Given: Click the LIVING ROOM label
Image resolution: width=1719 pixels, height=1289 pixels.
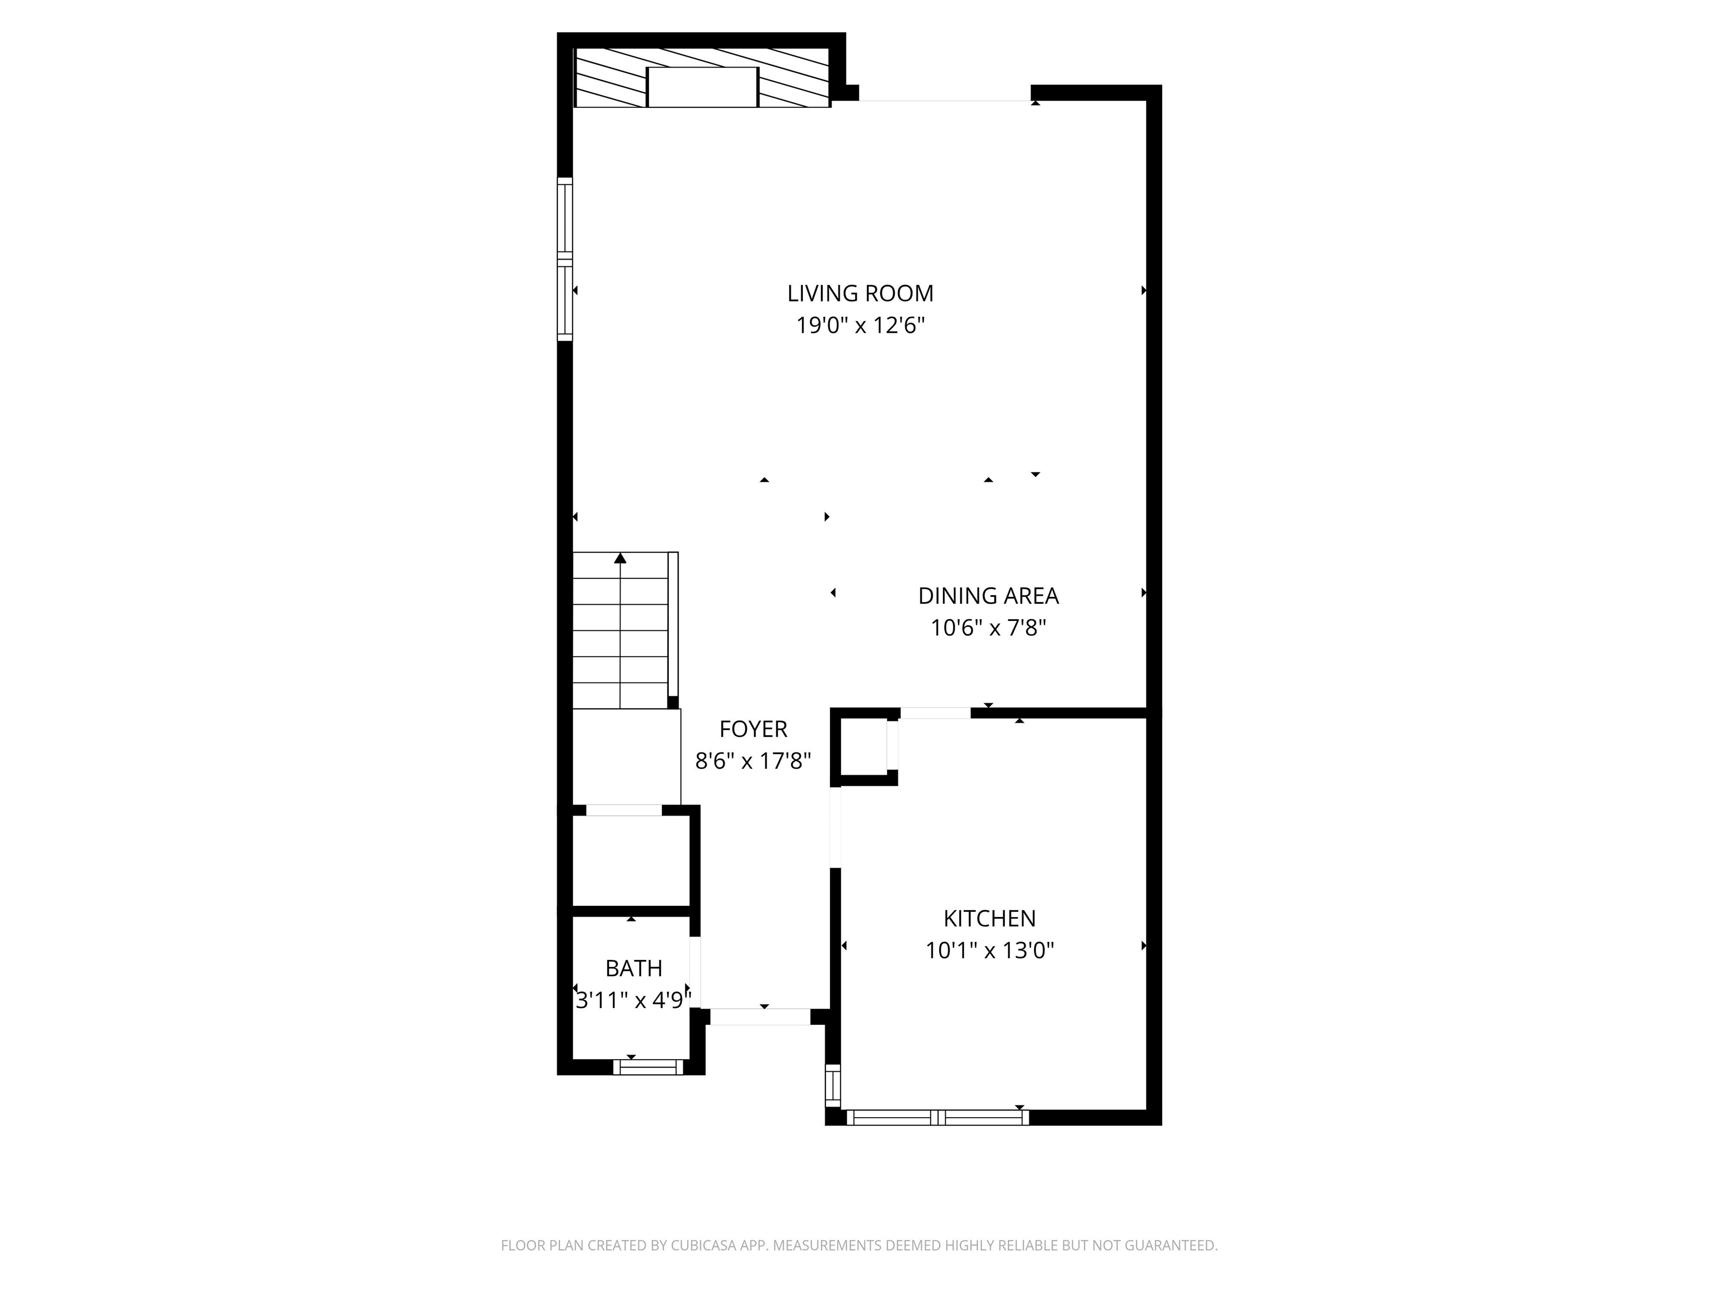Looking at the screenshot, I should coord(859,293).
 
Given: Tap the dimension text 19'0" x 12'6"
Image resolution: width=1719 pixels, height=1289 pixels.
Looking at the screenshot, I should coord(859,325).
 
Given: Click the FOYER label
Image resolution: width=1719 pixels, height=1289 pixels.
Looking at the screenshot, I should coord(753,729).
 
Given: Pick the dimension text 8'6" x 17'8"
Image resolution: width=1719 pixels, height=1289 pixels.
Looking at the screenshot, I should coord(753,761).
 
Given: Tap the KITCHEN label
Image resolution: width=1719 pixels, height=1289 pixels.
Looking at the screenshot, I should coord(989,919).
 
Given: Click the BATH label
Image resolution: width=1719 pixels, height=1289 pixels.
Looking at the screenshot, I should coord(633,968).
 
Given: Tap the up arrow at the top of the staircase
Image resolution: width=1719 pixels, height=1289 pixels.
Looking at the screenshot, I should coord(620,558).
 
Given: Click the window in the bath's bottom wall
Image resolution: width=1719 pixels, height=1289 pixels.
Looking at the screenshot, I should coord(648,1067).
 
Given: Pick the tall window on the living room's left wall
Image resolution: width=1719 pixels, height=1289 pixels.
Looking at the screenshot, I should coord(565,258).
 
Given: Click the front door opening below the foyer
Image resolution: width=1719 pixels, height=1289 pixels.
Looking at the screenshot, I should coord(760,1017).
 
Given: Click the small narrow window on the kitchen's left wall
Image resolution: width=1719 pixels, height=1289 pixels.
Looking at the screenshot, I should coord(832,1085).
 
